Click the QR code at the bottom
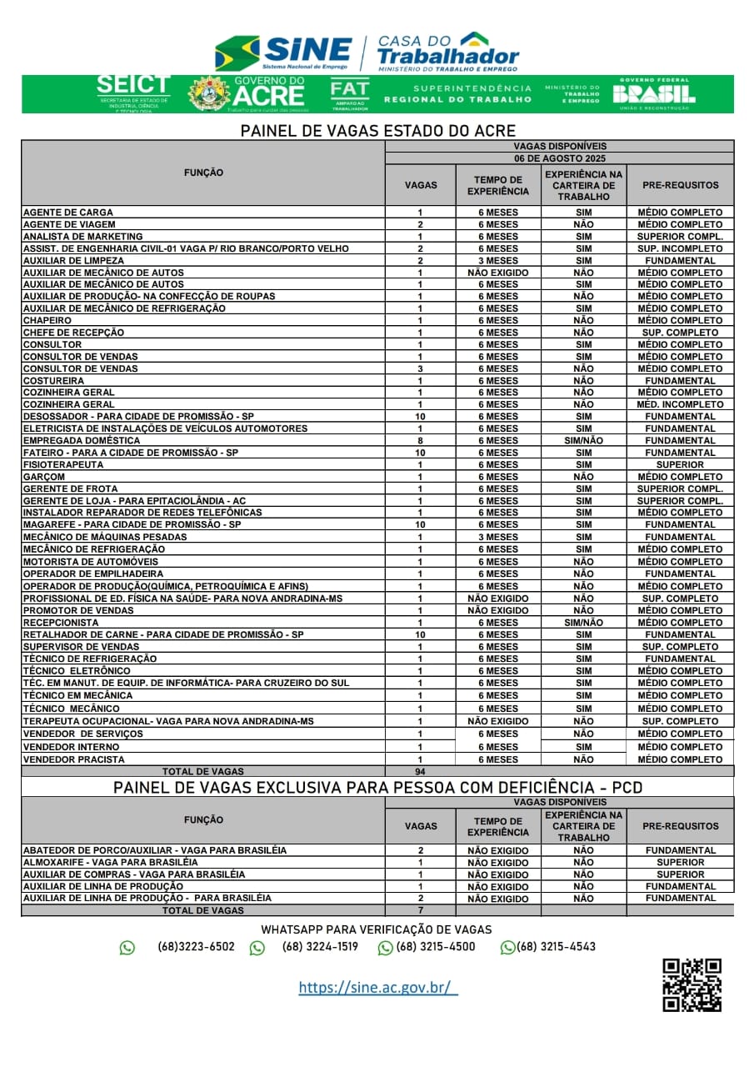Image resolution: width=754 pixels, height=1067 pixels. pyautogui.click(x=692, y=984)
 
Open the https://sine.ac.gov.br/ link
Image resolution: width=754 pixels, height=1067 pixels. pyautogui.click(x=377, y=988)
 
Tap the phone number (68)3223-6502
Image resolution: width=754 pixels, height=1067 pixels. pyautogui.click(x=196, y=947)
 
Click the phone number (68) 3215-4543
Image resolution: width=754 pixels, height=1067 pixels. pyautogui.click(x=556, y=947)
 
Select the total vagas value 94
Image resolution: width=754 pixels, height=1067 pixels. pyautogui.click(x=420, y=772)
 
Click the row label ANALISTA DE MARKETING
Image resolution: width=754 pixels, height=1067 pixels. pyautogui.click(x=82, y=237)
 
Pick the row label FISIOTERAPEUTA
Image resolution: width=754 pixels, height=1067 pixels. pyautogui.click(x=63, y=464)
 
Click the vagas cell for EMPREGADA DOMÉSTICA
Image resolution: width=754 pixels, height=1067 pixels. pyautogui.click(x=420, y=440)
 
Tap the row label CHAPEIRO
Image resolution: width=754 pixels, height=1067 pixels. pyautogui.click(x=47, y=320)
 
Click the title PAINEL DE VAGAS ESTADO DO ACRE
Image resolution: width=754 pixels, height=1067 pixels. pyautogui.click(x=377, y=131)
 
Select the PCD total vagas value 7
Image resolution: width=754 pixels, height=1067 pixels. pyautogui.click(x=420, y=910)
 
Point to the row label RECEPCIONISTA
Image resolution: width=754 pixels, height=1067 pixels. pyautogui.click(x=60, y=622)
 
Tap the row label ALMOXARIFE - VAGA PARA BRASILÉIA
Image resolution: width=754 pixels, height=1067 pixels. pyautogui.click(x=110, y=862)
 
